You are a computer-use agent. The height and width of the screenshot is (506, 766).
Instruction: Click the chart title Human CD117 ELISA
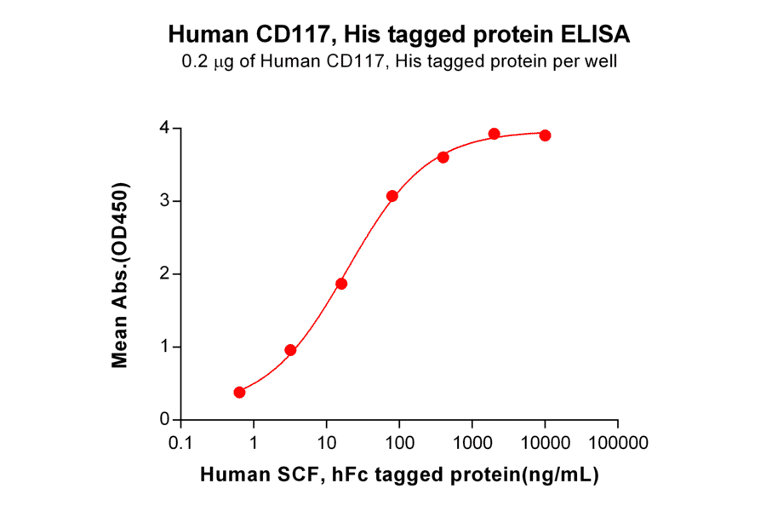pos(399,34)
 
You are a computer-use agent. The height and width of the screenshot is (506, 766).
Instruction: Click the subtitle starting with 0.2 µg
pos(399,60)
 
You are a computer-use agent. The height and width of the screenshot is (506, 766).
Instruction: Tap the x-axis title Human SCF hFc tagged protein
pos(399,475)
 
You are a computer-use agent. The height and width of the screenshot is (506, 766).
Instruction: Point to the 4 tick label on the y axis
pos(164,128)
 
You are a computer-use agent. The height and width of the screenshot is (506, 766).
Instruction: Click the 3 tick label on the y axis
pos(164,201)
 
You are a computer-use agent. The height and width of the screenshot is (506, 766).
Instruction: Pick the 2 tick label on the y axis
pos(164,274)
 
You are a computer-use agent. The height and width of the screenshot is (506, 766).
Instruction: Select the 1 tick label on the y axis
pos(164,347)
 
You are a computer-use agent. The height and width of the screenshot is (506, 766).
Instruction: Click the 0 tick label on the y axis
pos(164,420)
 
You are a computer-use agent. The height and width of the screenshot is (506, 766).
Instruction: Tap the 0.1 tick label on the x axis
pos(180,443)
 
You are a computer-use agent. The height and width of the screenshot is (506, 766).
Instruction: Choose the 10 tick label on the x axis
pos(326,443)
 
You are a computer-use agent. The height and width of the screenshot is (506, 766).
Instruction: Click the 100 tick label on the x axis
pos(399,443)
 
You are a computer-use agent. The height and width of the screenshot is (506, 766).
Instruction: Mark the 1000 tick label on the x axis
pos(472,443)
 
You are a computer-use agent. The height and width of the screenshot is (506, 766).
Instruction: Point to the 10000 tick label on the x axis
pos(545,443)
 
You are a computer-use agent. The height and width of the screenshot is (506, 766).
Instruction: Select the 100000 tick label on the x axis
pos(618,443)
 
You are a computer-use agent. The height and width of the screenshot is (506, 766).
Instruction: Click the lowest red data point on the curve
pos(239,392)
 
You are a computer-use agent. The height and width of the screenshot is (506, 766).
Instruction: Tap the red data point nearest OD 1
pos(290,350)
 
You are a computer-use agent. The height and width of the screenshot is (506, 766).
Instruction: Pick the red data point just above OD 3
pos(392,196)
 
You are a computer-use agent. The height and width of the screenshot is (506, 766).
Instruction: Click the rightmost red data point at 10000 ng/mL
pos(545,135)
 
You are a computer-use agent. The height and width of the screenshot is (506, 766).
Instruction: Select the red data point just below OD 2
pos(341,284)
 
